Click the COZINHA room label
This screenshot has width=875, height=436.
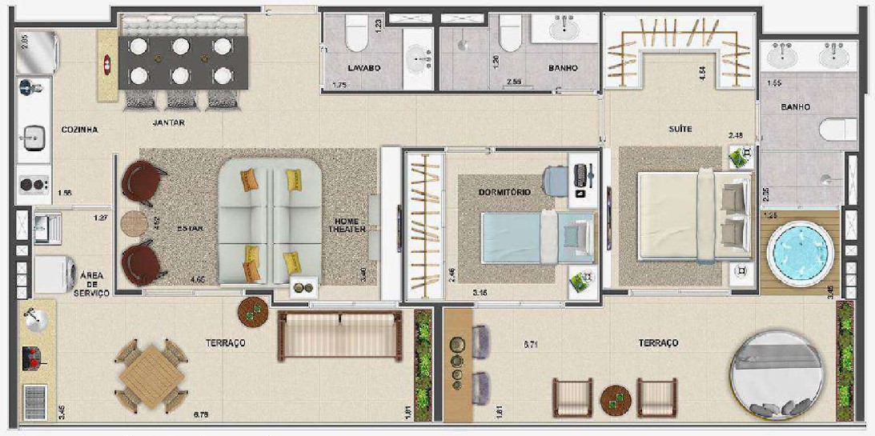(x=80, y=130)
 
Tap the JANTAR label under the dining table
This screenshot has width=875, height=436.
(x=168, y=123)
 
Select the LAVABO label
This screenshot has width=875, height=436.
(x=364, y=68)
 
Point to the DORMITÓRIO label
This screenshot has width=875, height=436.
(x=504, y=192)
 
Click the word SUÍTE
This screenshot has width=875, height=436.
(x=681, y=129)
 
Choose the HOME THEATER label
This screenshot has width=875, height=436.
(x=350, y=225)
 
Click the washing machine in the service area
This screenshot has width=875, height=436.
(x=54, y=274)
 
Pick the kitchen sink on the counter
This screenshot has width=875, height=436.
(x=34, y=137)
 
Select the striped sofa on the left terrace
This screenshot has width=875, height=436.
(x=339, y=336)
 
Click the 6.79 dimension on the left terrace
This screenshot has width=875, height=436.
(x=203, y=415)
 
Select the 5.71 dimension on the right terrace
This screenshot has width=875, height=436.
(x=531, y=345)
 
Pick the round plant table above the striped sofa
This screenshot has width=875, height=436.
(x=254, y=313)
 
